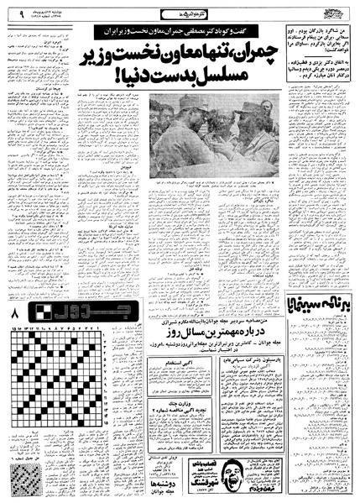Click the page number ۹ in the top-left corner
10,13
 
